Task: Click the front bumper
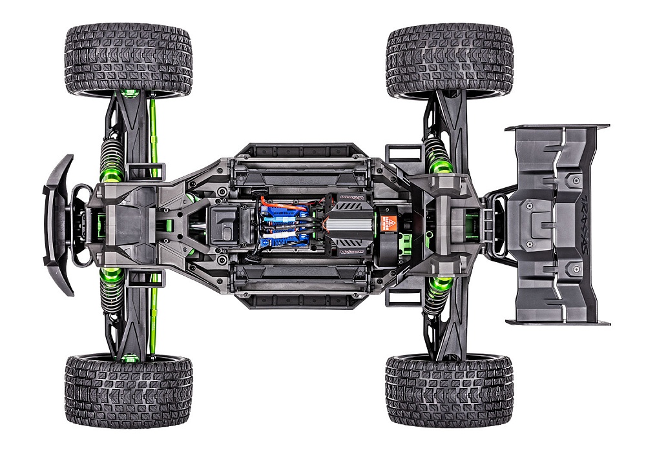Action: (57, 220)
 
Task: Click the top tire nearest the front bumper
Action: (128, 60)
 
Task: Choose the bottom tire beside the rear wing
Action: (449, 389)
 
